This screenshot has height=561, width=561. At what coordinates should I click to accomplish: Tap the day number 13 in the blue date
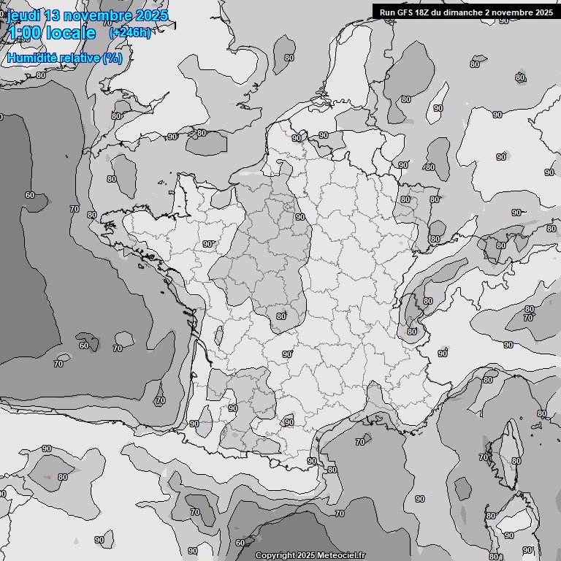point(53,15)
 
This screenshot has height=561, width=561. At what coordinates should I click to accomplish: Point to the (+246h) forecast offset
point(130,33)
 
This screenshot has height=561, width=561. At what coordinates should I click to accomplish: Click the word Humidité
point(33,58)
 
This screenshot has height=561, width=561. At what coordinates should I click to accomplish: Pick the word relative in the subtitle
point(80,58)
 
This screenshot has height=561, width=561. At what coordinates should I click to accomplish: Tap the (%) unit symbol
point(112,58)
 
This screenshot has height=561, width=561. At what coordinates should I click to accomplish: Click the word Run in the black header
point(387,12)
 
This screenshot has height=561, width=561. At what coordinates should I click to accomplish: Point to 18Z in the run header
point(423,12)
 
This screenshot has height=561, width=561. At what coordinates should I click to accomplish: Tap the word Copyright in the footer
point(275,555)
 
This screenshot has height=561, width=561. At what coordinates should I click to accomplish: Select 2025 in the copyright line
point(306,555)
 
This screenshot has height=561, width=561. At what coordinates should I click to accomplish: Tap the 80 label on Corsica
point(516,461)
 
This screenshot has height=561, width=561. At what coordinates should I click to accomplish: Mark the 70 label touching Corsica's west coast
point(484,457)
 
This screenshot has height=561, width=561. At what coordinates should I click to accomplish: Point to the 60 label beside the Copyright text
point(240,543)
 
